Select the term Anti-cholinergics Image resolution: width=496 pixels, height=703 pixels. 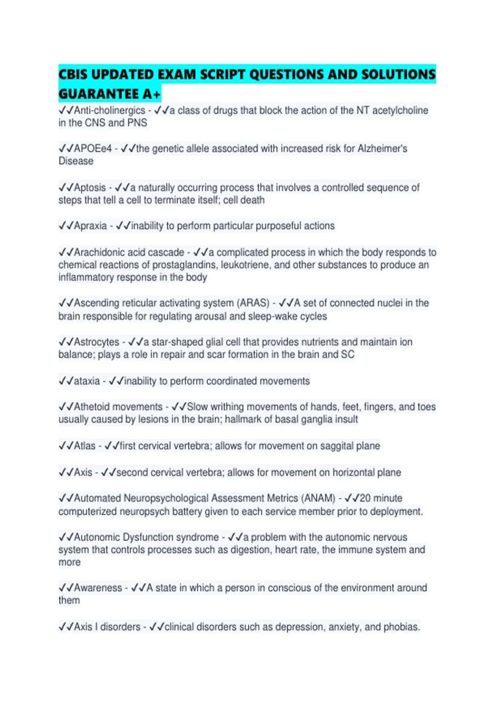(110, 110)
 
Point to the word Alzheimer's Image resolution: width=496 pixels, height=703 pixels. (382, 148)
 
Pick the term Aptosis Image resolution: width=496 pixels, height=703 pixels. (90, 188)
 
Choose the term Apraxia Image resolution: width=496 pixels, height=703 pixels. (90, 226)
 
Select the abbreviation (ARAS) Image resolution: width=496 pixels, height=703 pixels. (253, 303)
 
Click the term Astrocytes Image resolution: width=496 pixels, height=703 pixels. (97, 342)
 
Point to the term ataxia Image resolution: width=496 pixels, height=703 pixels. (87, 381)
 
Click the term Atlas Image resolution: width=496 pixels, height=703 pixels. (85, 446)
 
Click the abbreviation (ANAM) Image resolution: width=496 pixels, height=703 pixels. (318, 498)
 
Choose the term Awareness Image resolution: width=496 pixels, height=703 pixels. (98, 588)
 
